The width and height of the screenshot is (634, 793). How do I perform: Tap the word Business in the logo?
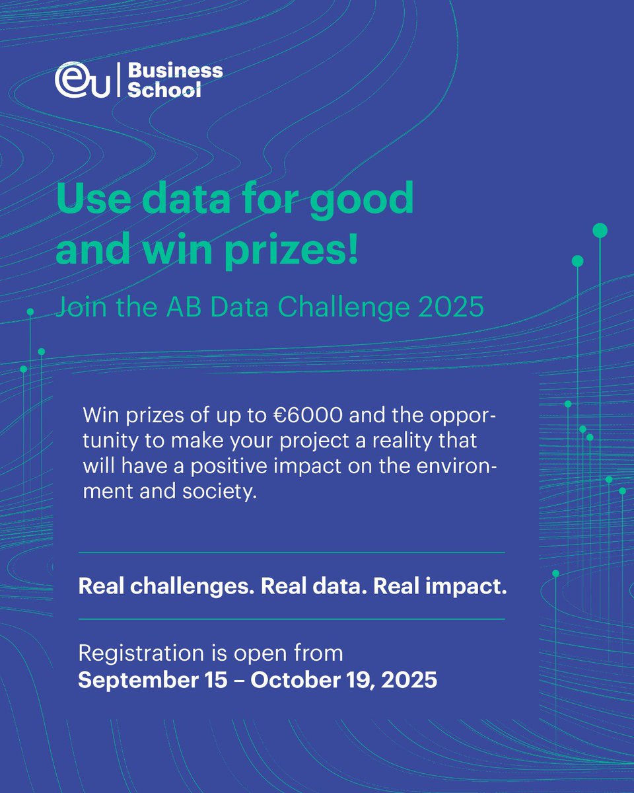pos(174,70)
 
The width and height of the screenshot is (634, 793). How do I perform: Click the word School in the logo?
pos(163,90)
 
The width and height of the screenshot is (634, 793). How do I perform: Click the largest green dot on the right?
pos(600,231)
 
